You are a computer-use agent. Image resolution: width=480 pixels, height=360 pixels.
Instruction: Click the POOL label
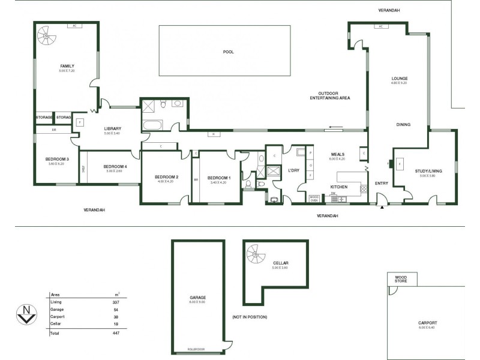tap(228, 52)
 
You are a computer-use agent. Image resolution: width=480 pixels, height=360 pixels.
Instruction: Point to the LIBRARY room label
tap(113, 128)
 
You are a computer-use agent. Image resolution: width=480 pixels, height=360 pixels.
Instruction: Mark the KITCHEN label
tap(339, 187)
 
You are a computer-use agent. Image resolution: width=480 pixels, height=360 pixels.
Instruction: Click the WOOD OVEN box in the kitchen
tap(314, 198)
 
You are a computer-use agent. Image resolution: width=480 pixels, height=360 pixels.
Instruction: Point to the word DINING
tap(403, 125)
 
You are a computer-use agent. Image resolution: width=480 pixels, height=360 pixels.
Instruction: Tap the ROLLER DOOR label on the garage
tap(197, 349)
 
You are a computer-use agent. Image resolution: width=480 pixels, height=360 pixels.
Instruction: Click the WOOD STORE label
tap(400, 278)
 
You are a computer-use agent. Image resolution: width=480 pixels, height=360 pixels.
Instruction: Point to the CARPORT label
tap(428, 323)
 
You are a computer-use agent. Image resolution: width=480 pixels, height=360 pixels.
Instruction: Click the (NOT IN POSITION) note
tap(249, 317)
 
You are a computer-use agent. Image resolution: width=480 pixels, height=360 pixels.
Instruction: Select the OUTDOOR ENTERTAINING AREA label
tap(334, 95)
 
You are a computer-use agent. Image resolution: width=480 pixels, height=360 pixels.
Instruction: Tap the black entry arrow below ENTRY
tap(382, 208)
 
